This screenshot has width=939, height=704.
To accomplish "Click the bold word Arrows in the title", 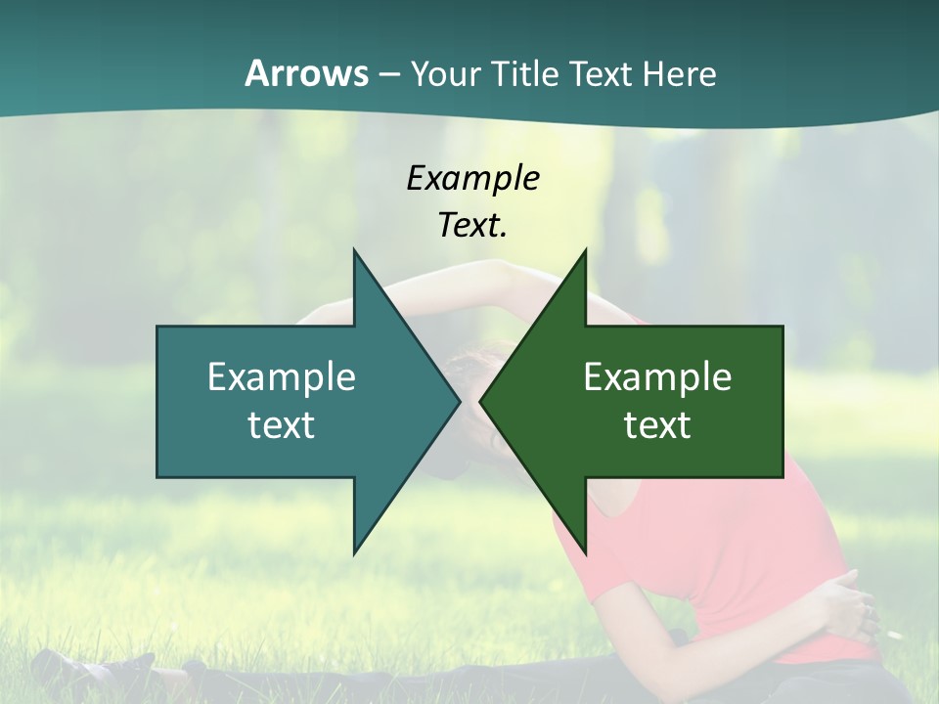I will tap(306, 73).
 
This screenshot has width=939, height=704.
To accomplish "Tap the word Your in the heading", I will tap(445, 73).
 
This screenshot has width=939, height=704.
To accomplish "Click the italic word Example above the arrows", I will tap(472, 178).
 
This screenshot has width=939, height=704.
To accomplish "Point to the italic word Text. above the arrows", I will tap(472, 225).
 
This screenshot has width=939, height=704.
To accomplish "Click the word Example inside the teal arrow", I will tap(281, 376).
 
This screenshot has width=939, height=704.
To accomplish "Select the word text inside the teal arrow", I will tap(281, 424).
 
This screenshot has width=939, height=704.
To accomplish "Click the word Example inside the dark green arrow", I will tap(657, 376).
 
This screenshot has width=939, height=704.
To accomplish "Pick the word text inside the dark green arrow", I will tap(657, 424).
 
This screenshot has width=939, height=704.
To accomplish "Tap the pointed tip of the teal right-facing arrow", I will tap(459, 401).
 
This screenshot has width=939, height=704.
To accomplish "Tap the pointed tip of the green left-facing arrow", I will tap(480, 401).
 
